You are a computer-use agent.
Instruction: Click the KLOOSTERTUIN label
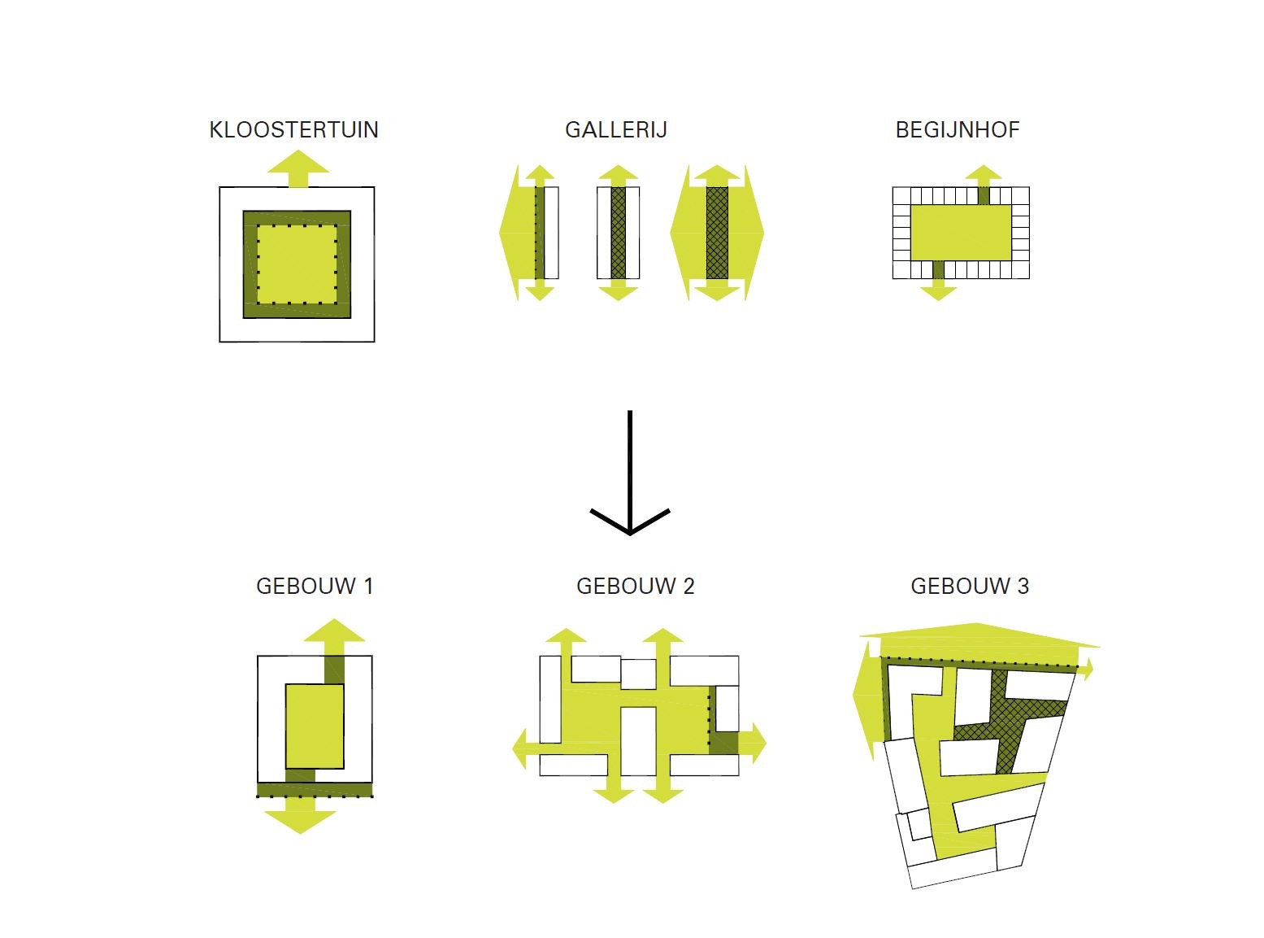pyautogui.click(x=293, y=130)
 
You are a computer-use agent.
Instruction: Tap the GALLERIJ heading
pyautogui.click(x=615, y=130)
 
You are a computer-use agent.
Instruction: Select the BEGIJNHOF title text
pyautogui.click(x=957, y=130)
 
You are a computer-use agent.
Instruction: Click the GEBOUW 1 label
pyautogui.click(x=315, y=587)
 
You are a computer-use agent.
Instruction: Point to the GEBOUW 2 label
pyautogui.click(x=635, y=587)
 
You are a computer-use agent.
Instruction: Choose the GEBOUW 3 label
pyautogui.click(x=970, y=587)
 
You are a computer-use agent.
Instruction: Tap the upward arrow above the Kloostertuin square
pyautogui.click(x=298, y=168)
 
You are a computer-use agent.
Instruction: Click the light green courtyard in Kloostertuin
pyautogui.click(x=297, y=264)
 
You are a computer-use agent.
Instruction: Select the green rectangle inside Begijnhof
pyautogui.click(x=961, y=233)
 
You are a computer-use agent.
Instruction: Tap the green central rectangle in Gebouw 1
pyautogui.click(x=315, y=726)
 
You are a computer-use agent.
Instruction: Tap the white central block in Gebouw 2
pyautogui.click(x=638, y=740)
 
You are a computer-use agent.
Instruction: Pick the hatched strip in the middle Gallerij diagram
pyautogui.click(x=619, y=233)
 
